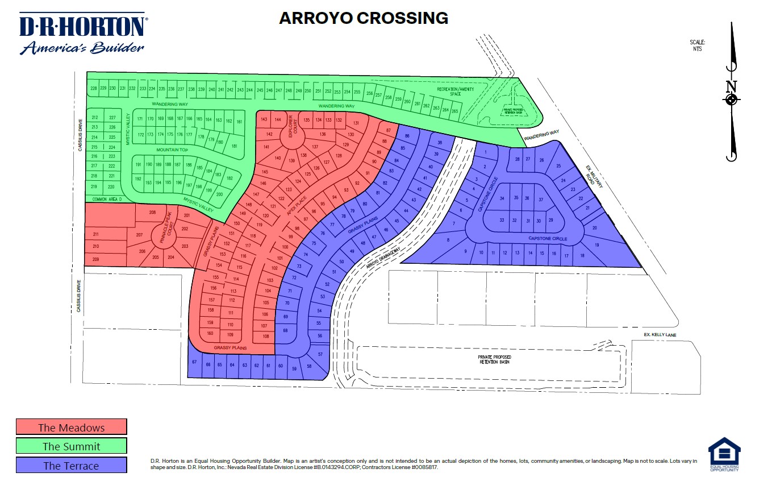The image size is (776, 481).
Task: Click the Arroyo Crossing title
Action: [x=364, y=18]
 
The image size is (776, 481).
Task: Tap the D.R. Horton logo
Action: [x=83, y=34]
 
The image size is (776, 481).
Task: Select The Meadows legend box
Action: [x=72, y=427]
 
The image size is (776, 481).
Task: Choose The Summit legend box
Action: [x=72, y=446]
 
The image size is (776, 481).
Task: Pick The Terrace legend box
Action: [x=72, y=465]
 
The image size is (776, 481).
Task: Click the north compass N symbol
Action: [x=732, y=87]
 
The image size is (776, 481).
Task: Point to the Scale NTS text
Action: [x=698, y=45]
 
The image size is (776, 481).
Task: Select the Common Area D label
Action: [x=107, y=199]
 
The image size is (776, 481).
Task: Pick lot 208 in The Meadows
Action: [x=152, y=213]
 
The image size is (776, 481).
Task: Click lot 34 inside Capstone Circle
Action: [x=502, y=198]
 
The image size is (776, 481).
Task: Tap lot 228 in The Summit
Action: [x=94, y=88]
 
